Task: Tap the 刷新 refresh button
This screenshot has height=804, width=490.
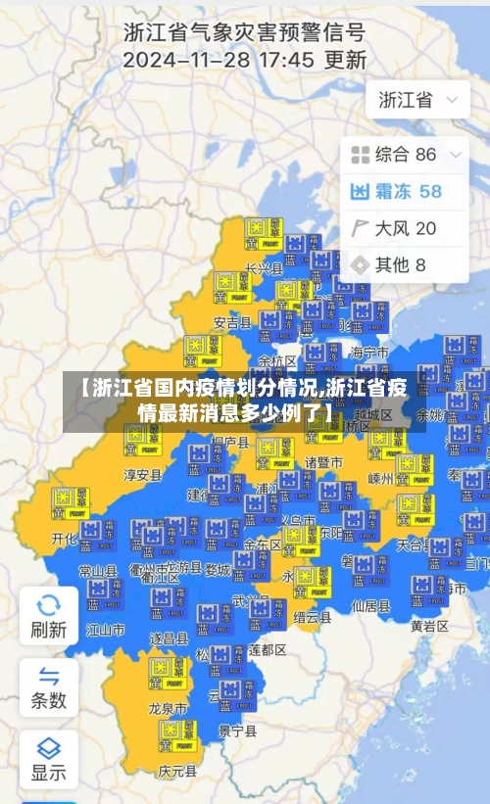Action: click(x=48, y=616)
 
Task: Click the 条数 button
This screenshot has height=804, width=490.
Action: click(x=48, y=687)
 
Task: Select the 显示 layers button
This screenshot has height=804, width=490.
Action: click(x=48, y=759)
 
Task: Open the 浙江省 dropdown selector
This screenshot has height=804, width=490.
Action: click(x=417, y=100)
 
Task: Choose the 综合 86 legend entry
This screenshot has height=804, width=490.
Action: click(x=394, y=154)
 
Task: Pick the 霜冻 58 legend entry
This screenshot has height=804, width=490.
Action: click(x=396, y=191)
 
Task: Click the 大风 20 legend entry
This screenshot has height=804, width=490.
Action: click(x=394, y=228)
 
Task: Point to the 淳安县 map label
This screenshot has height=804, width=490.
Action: click(x=143, y=475)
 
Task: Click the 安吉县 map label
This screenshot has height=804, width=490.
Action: click(x=232, y=321)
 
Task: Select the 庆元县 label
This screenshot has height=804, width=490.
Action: click(x=177, y=772)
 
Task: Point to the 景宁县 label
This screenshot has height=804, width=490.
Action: click(x=238, y=730)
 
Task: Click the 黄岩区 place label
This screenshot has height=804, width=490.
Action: click(x=430, y=626)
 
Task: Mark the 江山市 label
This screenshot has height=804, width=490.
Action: click(x=106, y=630)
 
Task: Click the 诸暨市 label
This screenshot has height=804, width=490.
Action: click(x=323, y=462)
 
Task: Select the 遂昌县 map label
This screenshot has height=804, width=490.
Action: click(x=169, y=638)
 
